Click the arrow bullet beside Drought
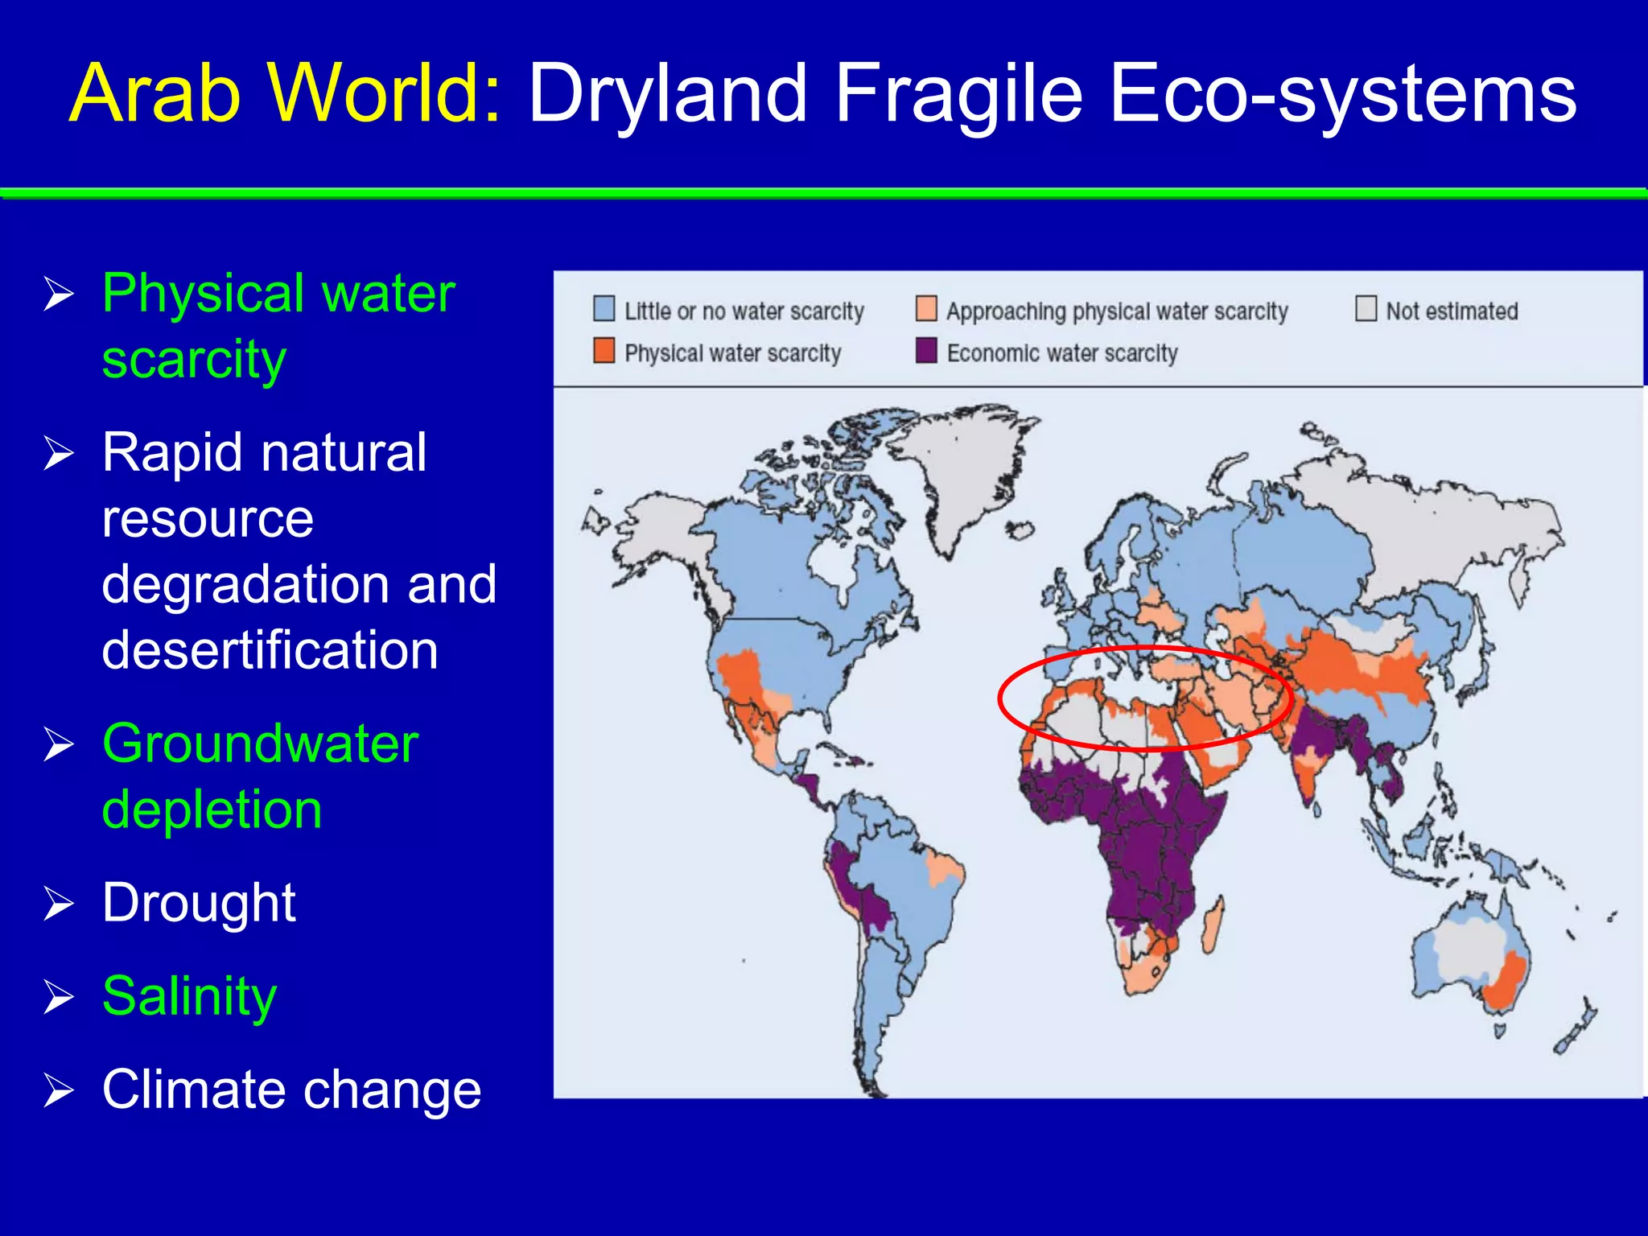tap(59, 903)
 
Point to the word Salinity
tap(189, 996)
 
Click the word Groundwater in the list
tap(260, 744)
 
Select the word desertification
tap(270, 649)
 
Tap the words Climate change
tap(291, 1090)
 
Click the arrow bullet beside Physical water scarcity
tap(59, 294)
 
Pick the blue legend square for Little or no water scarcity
tap(604, 309)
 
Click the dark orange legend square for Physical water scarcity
tap(604, 351)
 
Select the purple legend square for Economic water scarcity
tap(926, 351)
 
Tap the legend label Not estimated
tap(1451, 311)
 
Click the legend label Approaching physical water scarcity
tap(1116, 311)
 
